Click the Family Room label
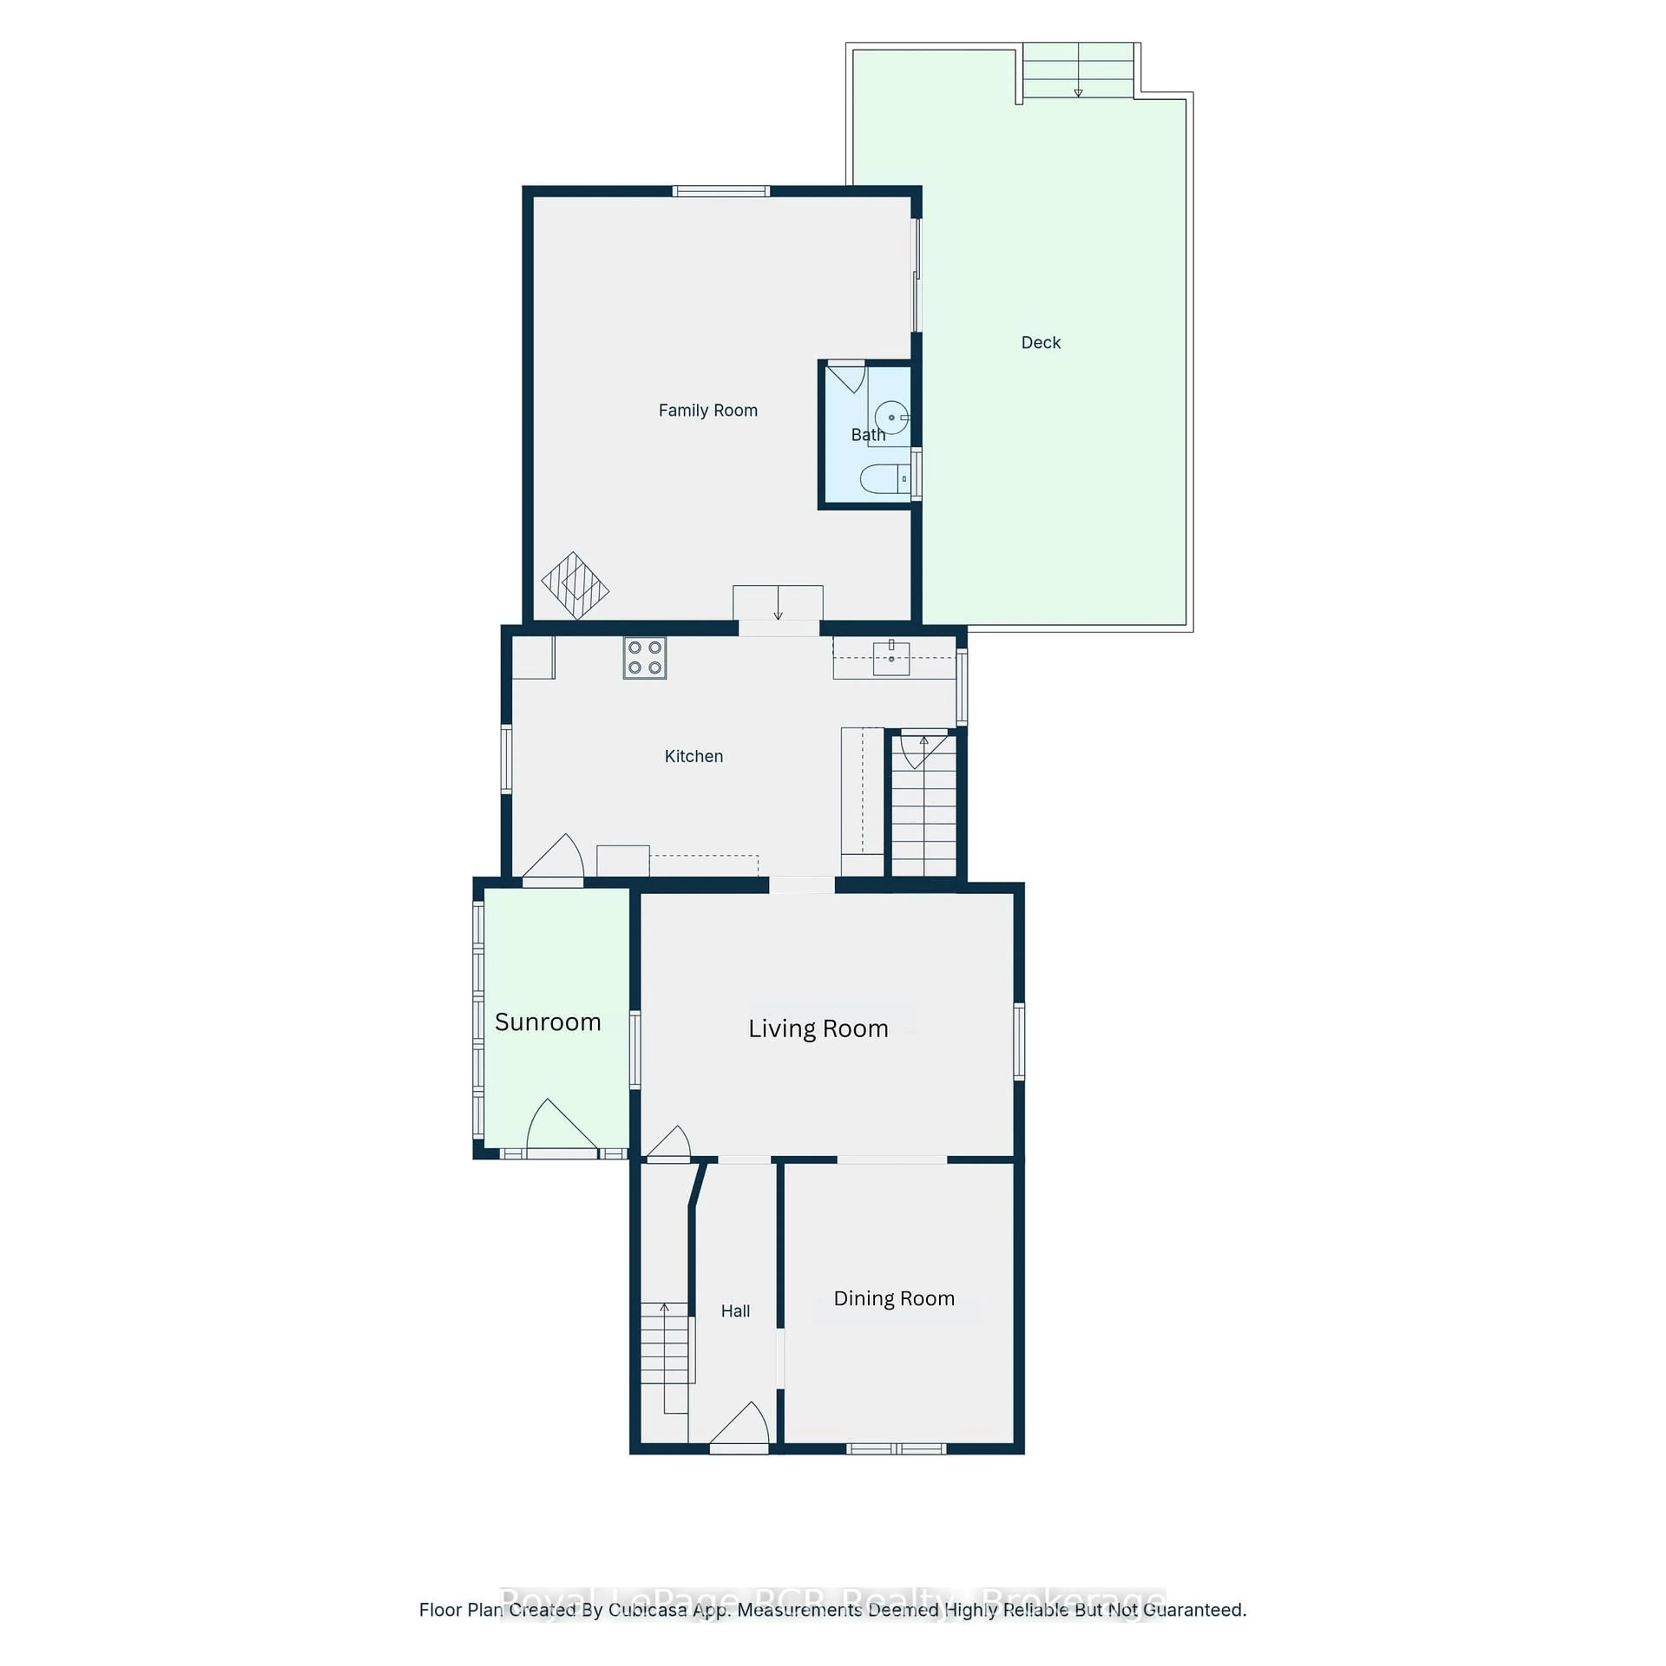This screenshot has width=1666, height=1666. tap(708, 410)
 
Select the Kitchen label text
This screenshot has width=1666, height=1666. tap(693, 756)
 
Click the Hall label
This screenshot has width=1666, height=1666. tap(735, 1311)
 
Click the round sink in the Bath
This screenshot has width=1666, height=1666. tap(892, 417)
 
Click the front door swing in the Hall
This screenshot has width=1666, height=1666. tap(740, 1424)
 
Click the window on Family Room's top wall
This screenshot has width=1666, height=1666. tap(721, 190)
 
